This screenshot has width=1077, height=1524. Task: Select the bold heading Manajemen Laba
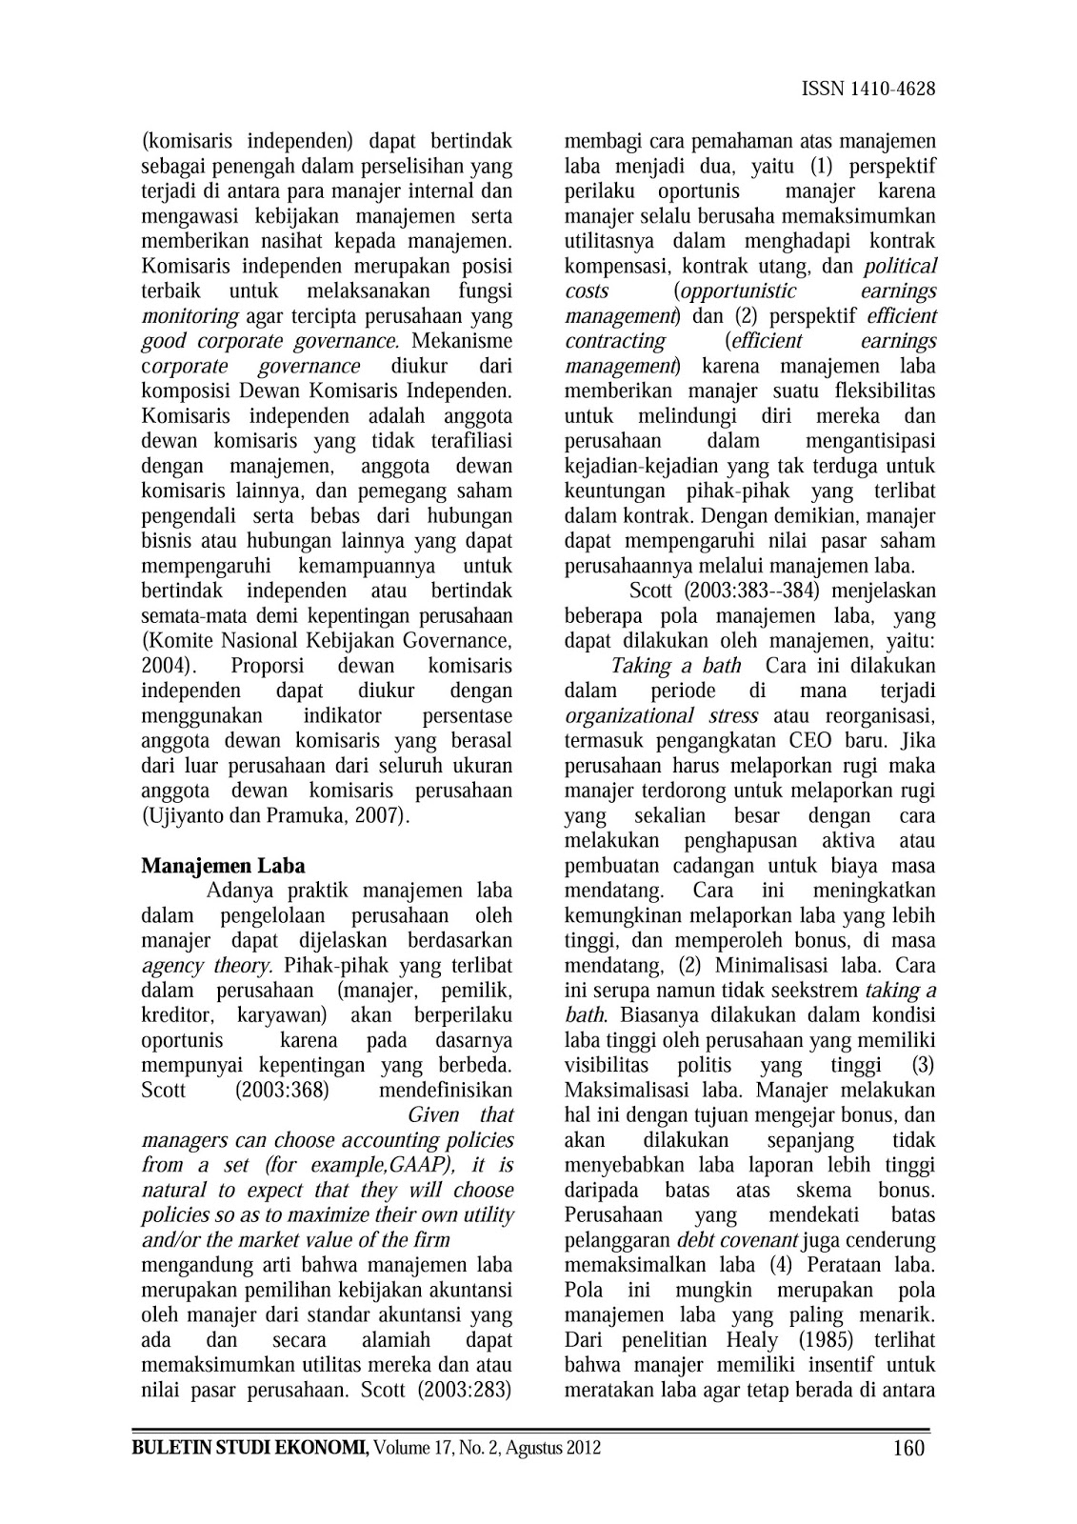click(223, 866)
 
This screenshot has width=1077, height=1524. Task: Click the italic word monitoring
click(189, 316)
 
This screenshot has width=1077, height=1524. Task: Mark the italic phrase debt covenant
click(737, 1240)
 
